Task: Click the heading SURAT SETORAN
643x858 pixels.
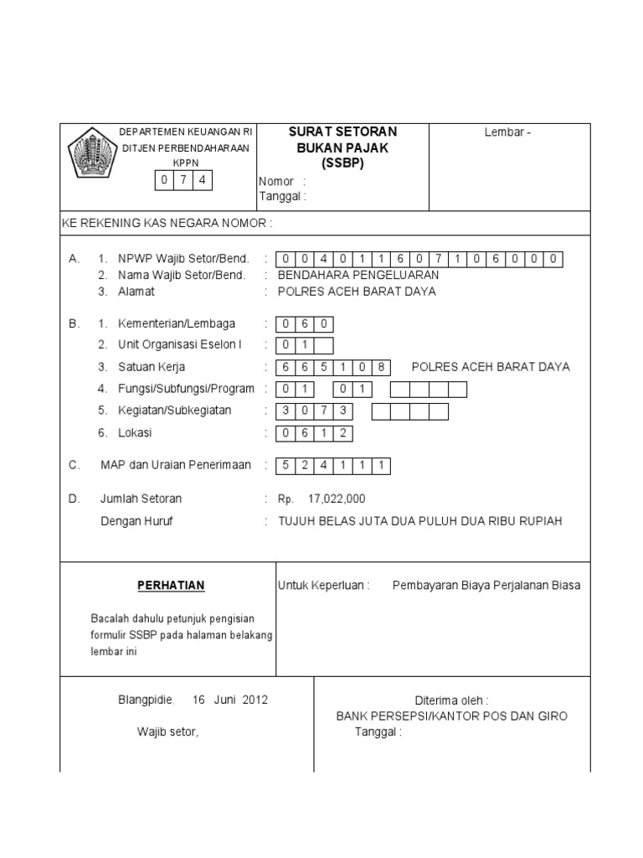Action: coord(342,132)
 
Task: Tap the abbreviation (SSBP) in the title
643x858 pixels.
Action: coord(342,163)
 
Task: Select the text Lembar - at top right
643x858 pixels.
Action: coord(508,132)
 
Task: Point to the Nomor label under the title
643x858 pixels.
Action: coord(276,181)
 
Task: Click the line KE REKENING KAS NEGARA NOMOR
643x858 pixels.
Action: coord(167,224)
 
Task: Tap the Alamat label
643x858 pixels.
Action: coord(136,292)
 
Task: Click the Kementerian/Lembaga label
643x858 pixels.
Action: coord(177,323)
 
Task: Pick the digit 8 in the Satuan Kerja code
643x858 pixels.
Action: coord(381,367)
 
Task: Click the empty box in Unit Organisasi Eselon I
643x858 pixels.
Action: coord(323,345)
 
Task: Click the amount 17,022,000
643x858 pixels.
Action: coord(337,499)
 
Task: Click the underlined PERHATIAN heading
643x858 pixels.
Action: coord(171,585)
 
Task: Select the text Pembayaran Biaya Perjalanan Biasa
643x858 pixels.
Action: coord(486,586)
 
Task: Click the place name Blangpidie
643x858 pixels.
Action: coord(144,700)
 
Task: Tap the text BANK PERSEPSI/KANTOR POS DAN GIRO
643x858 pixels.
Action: coord(451,716)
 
